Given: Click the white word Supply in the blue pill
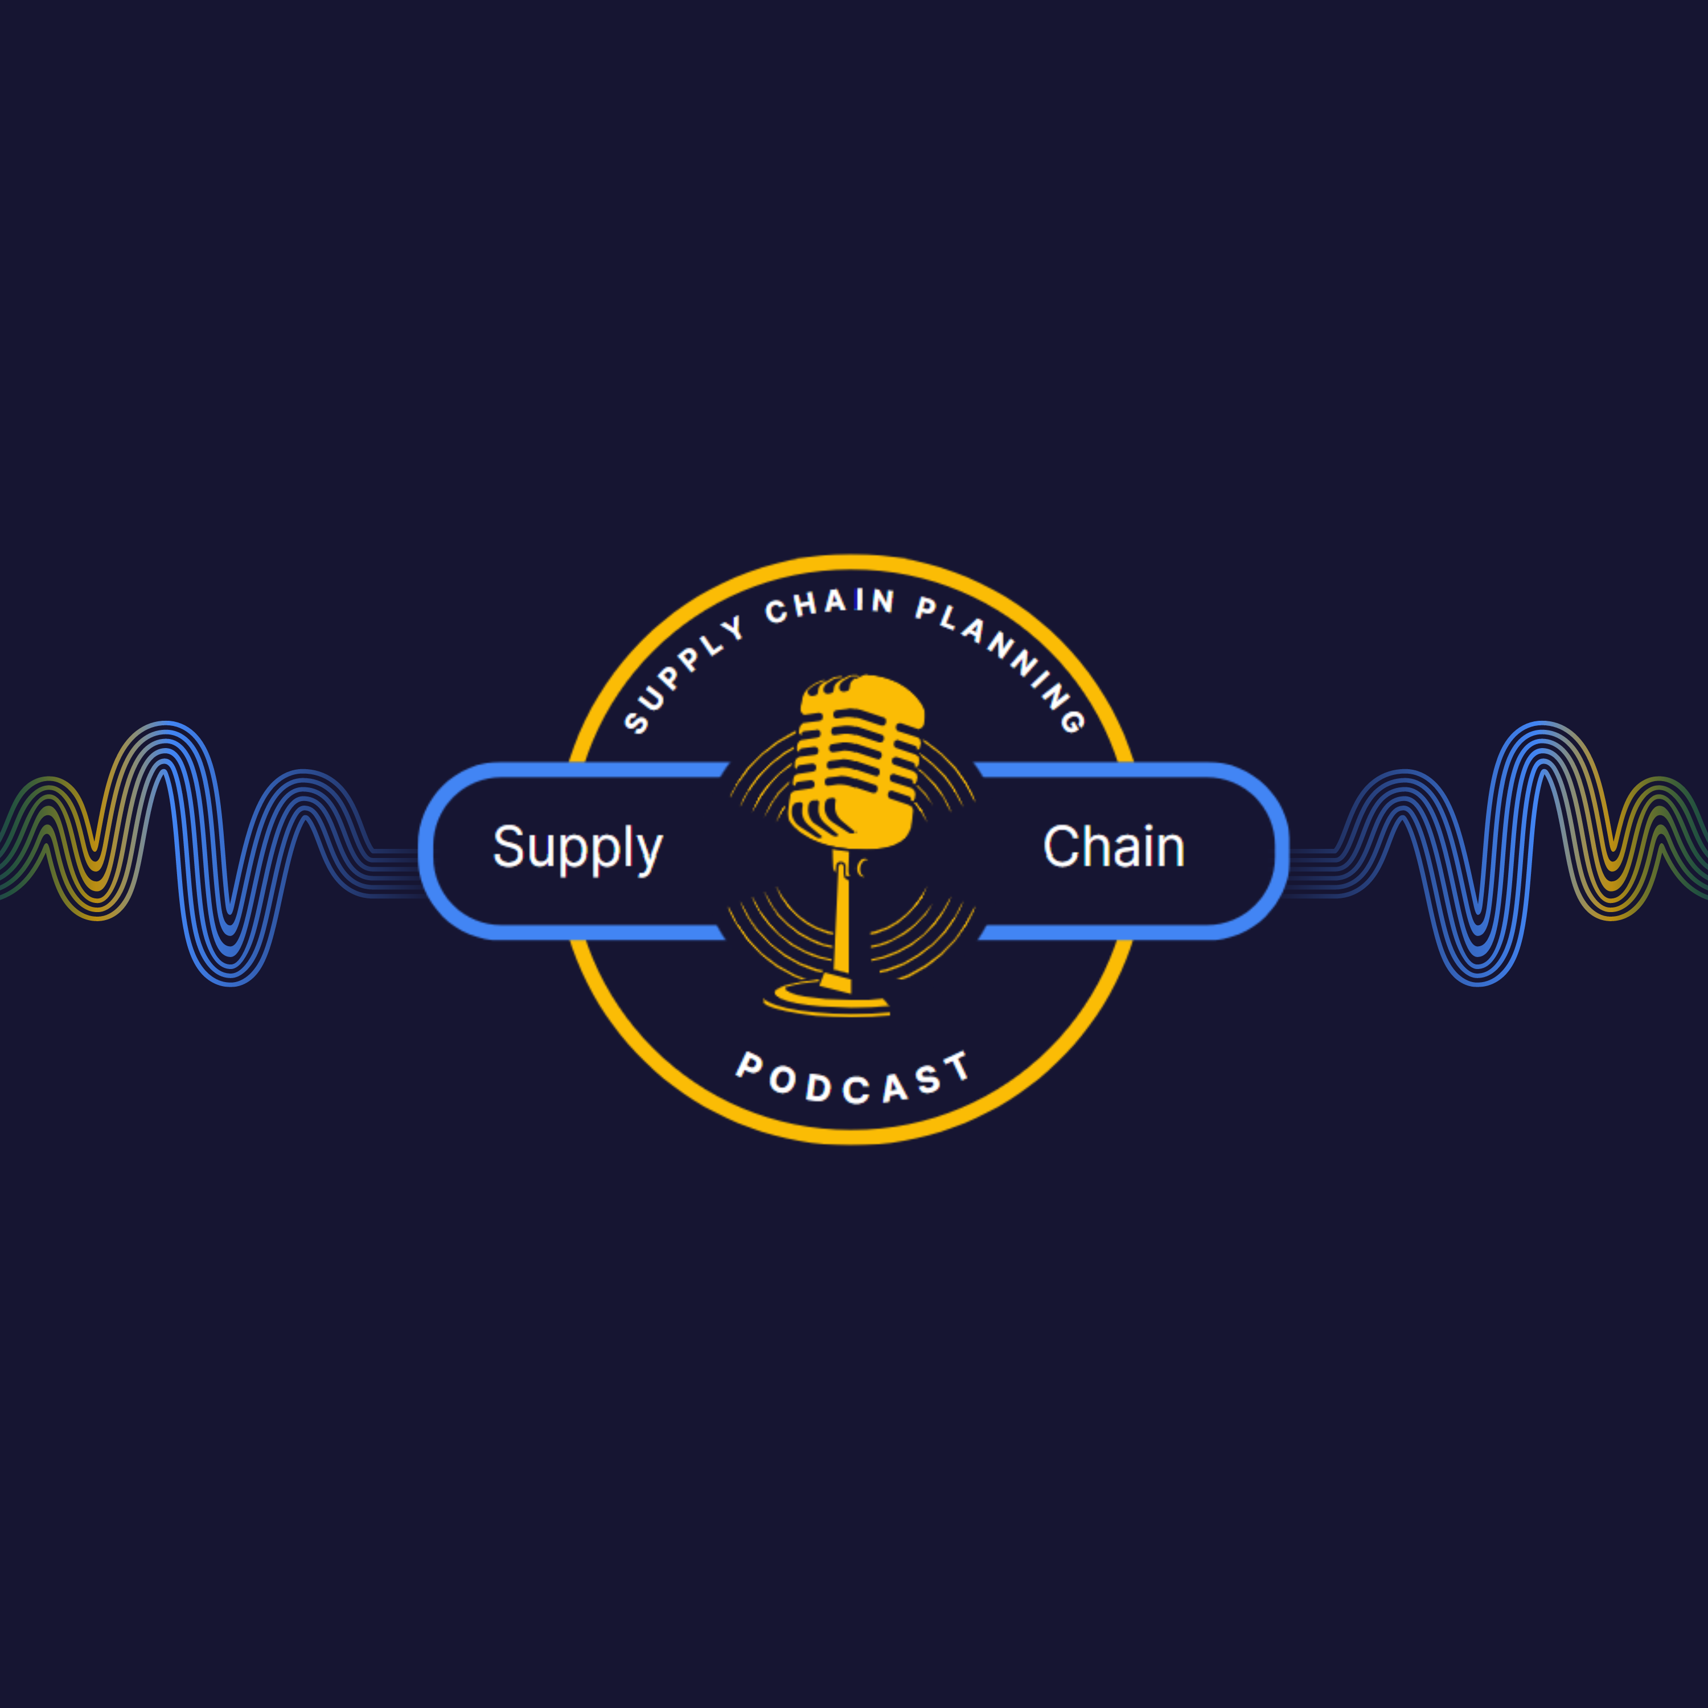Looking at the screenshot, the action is [577, 849].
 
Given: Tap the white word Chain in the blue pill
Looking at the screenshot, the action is [1114, 847].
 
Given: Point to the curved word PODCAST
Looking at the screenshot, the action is [853, 1078].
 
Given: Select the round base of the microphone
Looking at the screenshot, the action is [827, 999].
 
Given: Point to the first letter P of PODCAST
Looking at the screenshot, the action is [750, 1065].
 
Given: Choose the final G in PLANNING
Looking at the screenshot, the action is [1073, 721].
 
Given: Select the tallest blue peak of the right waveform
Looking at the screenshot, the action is [1542, 725].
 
